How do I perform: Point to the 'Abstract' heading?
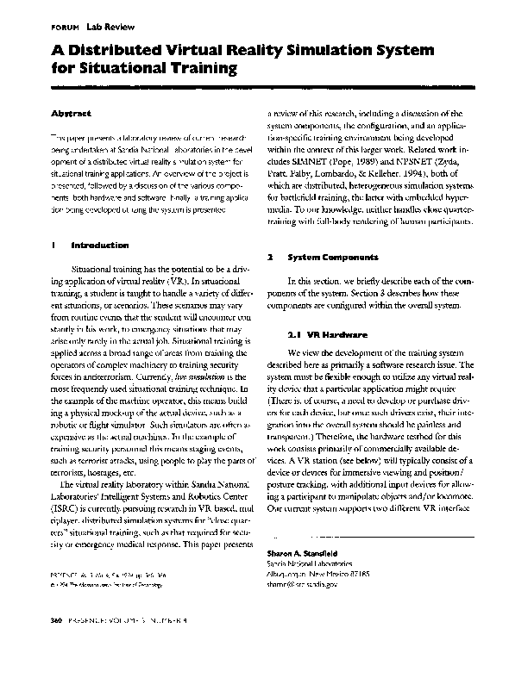click(69, 113)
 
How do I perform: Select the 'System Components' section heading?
click(332, 258)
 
